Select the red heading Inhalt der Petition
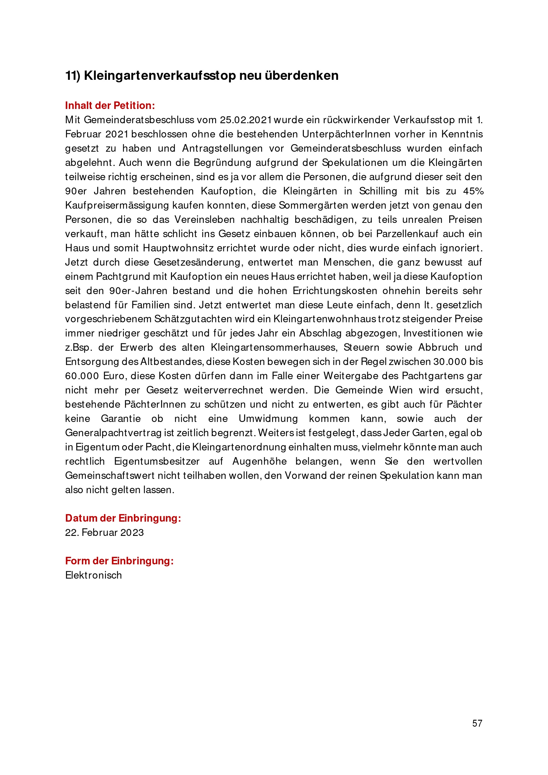[x=110, y=106]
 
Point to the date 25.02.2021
[x=246, y=120]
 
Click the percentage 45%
[x=473, y=191]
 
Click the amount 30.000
[x=450, y=362]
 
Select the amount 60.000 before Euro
[x=82, y=376]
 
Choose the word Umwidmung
[x=268, y=419]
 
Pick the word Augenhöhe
[x=259, y=461]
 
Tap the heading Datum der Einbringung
[x=123, y=518]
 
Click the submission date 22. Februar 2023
[x=104, y=533]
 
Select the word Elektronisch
[x=93, y=575]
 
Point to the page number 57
[x=477, y=723]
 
